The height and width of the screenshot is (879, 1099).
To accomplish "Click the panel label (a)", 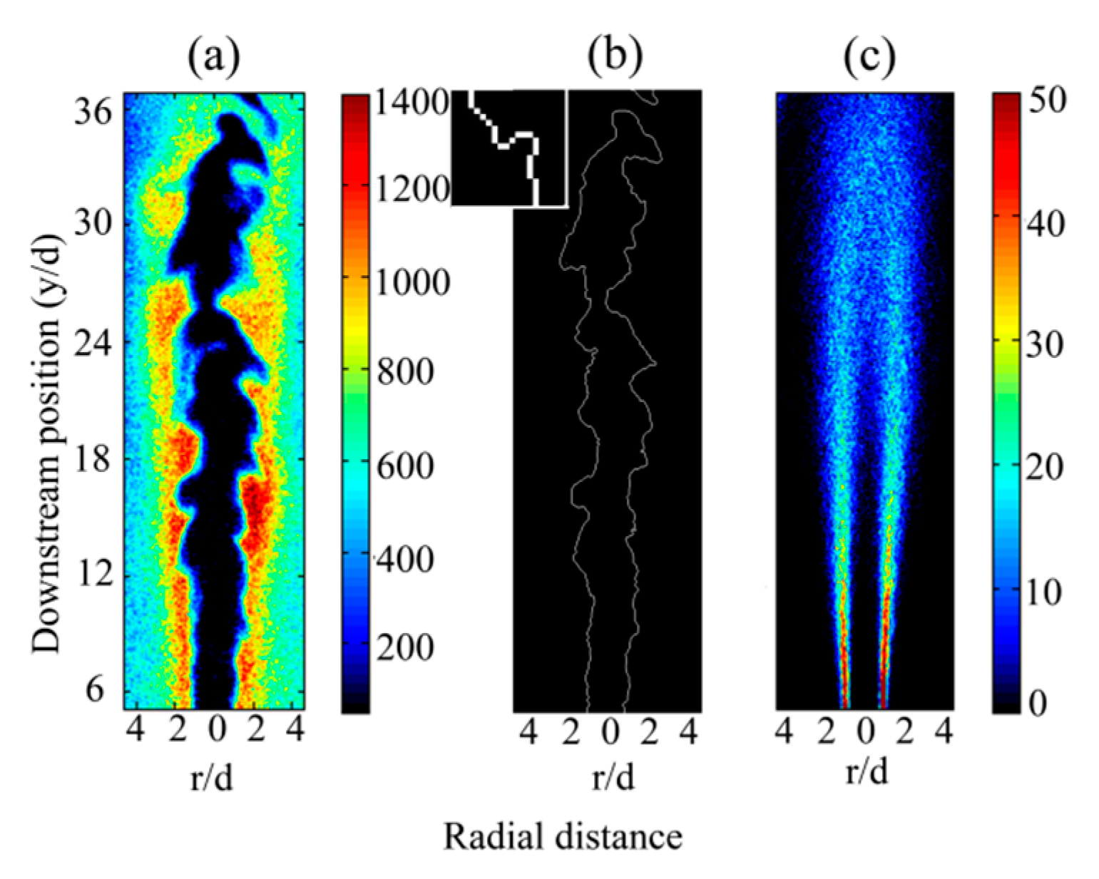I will click(x=213, y=58).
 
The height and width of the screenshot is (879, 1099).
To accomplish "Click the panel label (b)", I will click(x=615, y=58).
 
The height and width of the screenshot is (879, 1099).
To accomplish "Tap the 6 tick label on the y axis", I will click(x=96, y=690).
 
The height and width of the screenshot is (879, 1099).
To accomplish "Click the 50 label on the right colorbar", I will click(x=1046, y=100).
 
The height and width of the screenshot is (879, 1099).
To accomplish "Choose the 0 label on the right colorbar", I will click(x=1038, y=704).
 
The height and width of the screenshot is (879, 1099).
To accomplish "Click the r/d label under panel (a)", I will click(x=212, y=778).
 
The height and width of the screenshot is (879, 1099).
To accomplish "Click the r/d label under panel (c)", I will click(x=867, y=771).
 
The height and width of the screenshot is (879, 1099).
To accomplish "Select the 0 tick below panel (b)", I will click(x=609, y=734).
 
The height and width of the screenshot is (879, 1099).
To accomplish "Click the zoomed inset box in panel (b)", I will click(x=509, y=148).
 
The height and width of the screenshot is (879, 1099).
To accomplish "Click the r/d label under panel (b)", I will click(x=613, y=778).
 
